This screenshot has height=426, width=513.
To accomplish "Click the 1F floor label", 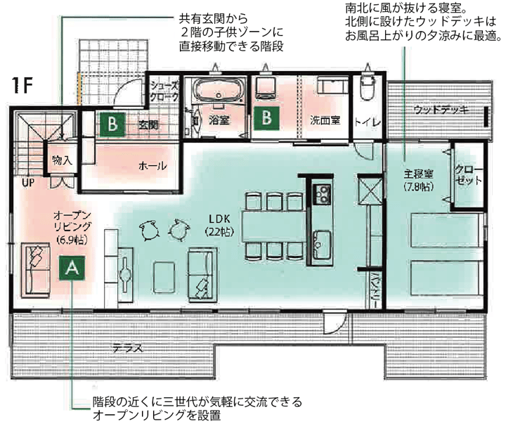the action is tap(22, 86).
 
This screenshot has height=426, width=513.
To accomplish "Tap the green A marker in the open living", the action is tap(72, 268).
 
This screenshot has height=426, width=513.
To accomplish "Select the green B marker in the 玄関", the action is tap(113, 124).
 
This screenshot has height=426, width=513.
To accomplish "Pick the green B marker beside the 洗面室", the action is tap(267, 118).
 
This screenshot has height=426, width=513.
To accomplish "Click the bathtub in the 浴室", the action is tap(219, 91).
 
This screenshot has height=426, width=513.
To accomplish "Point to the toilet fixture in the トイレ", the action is tap(368, 86).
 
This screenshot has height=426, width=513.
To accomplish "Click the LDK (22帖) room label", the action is tap(219, 225).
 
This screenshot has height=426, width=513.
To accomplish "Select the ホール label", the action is tap(152, 166).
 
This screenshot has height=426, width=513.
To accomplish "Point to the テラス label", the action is tap(128, 348).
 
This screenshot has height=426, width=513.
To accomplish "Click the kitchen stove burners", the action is tap(323, 194).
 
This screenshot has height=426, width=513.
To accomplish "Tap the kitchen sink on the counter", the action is tap(323, 245).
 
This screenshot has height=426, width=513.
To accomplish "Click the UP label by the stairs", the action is tap(28, 183).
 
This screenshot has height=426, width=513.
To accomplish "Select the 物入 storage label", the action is tap(62, 160).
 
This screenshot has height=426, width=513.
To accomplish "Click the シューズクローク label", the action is tap(164, 91).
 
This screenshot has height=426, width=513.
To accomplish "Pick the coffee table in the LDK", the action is tap(164, 277).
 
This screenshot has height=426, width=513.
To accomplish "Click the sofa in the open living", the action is tap(36, 270).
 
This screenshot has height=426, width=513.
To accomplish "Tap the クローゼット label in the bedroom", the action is tap(469, 175).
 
